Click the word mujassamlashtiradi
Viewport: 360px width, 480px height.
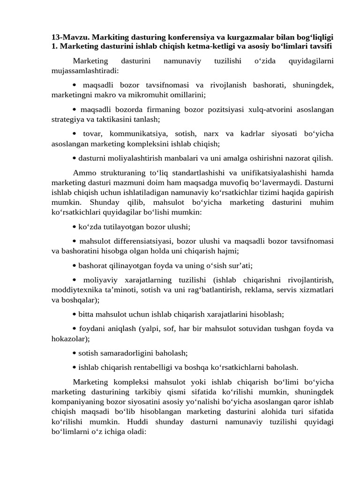pyautogui.click(x=84, y=71)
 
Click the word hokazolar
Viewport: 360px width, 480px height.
pyautogui.click(x=70, y=338)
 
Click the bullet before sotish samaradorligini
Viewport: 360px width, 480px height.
pyautogui.click(x=75, y=353)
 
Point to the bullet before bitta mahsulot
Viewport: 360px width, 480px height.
pyautogui.click(x=75, y=315)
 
